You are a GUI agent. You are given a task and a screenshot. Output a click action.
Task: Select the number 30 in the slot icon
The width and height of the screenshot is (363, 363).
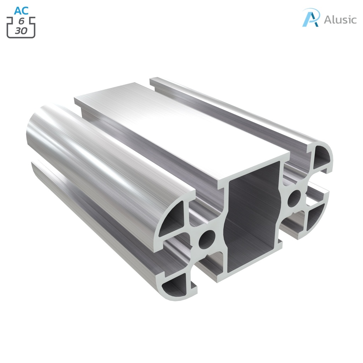coord(21,31)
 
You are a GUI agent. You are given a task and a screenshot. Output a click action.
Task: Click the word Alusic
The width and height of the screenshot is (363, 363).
coord(340,19)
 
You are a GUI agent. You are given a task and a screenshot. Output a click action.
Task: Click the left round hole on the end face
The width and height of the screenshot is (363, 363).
coord(207,240)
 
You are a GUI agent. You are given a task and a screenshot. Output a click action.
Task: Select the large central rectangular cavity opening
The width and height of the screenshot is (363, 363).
coord(252,223)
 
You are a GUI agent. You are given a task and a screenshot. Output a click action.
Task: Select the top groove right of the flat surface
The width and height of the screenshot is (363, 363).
coord(227,113)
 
